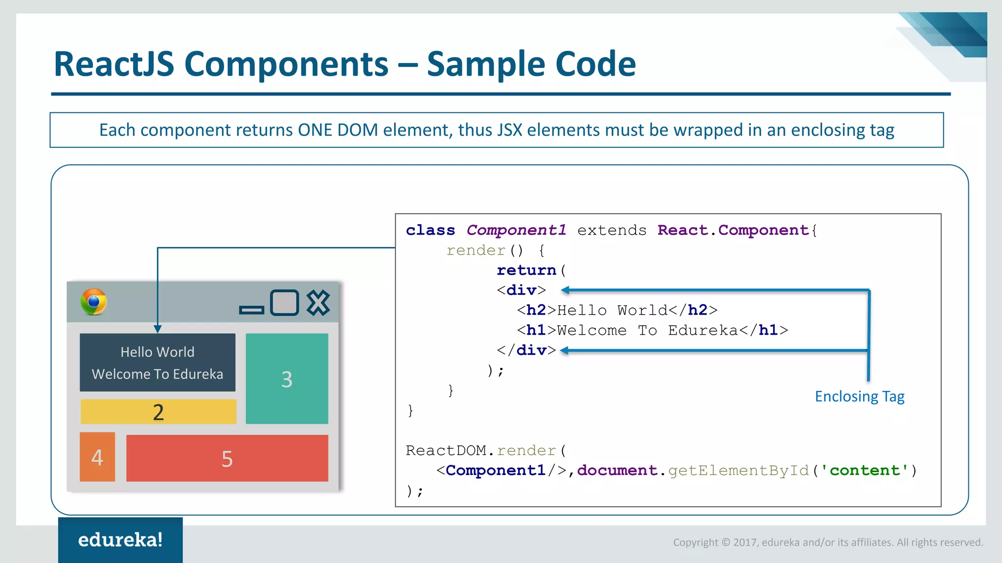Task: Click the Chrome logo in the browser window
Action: click(x=94, y=302)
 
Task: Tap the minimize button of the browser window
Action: click(x=251, y=310)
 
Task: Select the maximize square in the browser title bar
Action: click(x=284, y=303)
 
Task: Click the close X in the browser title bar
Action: click(x=319, y=303)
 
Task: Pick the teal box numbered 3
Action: click(x=287, y=379)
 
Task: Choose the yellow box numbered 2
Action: click(x=158, y=412)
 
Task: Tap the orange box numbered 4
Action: click(x=97, y=457)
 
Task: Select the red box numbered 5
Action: click(x=227, y=458)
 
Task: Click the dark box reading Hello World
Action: click(x=158, y=362)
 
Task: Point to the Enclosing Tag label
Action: click(x=860, y=396)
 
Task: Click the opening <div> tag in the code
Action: click(x=521, y=290)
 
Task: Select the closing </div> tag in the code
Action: click(x=526, y=350)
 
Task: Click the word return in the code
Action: click(x=526, y=270)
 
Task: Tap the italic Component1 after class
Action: click(x=516, y=230)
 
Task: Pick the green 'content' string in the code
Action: click(x=865, y=470)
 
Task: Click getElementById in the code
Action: click(x=738, y=470)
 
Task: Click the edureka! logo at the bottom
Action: click(x=120, y=540)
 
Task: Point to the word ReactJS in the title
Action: click(x=114, y=64)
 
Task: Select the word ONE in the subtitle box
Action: click(x=315, y=130)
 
